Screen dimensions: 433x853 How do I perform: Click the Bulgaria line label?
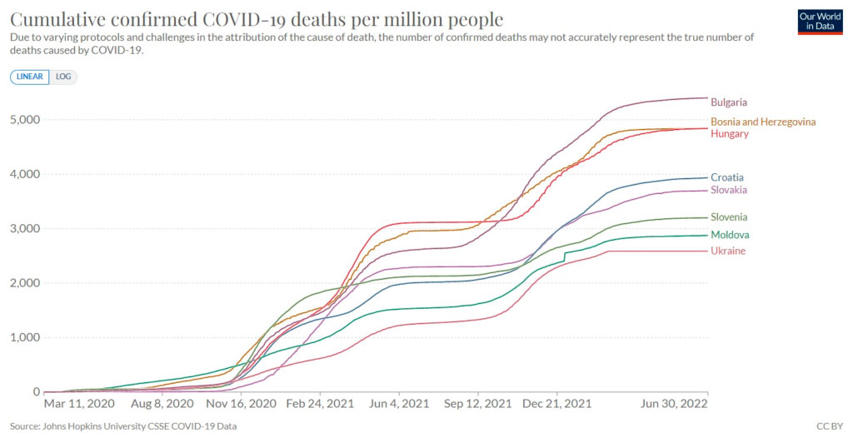pyautogui.click(x=729, y=102)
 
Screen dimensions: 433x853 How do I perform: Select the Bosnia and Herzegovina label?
pyautogui.click(x=763, y=122)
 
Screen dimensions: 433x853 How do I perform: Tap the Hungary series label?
pyautogui.click(x=730, y=134)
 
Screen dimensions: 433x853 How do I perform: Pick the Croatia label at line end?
pyautogui.click(x=727, y=177)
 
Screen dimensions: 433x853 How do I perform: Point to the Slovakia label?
pyautogui.click(x=729, y=190)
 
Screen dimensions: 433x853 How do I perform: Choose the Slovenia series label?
pyautogui.click(x=729, y=217)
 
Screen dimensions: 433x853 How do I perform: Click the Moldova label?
pyautogui.click(x=730, y=235)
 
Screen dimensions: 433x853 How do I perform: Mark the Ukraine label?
pyautogui.click(x=728, y=251)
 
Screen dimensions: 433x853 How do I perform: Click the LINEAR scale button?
pyautogui.click(x=30, y=77)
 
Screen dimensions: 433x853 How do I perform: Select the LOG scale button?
pyautogui.click(x=63, y=77)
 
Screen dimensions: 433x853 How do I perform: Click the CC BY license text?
pyautogui.click(x=831, y=426)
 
